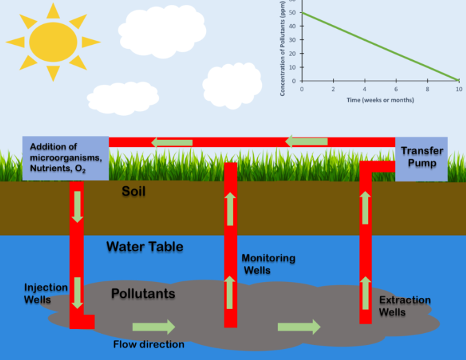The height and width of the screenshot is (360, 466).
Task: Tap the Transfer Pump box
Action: pyautogui.click(x=421, y=159)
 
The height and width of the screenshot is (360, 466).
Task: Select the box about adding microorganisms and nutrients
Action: pyautogui.click(x=66, y=158)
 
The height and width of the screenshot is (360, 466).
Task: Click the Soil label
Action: pyautogui.click(x=135, y=191)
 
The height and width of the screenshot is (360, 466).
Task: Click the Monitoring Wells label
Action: pyautogui.click(x=268, y=263)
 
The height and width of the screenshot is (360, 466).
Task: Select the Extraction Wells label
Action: pyautogui.click(x=405, y=306)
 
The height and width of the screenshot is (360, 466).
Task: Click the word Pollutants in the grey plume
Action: pyautogui.click(x=143, y=294)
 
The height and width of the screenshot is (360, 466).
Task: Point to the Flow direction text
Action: pyautogui.click(x=149, y=344)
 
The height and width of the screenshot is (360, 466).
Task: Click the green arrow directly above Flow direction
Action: pyautogui.click(x=154, y=326)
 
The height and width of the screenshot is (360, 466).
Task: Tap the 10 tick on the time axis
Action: pyautogui.click(x=459, y=90)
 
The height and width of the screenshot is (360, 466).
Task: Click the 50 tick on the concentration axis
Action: pyautogui.click(x=293, y=13)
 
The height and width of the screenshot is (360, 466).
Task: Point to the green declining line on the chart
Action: pyautogui.click(x=380, y=46)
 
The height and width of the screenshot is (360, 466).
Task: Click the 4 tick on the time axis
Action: pyautogui.click(x=365, y=90)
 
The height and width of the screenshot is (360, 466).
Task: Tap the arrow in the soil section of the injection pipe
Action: pyautogui.click(x=77, y=206)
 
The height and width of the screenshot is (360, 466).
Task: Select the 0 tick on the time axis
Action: pyautogui.click(x=302, y=90)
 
